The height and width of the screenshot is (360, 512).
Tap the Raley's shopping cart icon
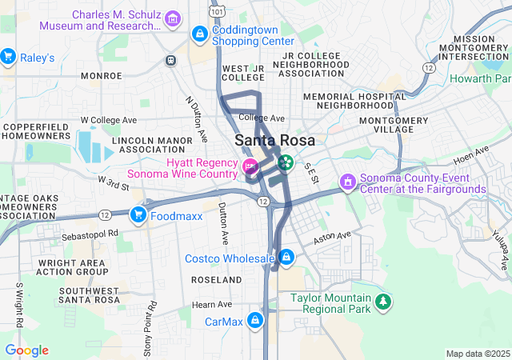(x=9, y=57)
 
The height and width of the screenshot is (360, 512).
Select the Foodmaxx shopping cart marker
(x=138, y=214)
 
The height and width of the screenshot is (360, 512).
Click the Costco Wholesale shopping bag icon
(x=286, y=258)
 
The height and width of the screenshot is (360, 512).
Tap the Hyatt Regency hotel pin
(x=250, y=167)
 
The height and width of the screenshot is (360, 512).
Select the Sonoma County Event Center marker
(x=347, y=182)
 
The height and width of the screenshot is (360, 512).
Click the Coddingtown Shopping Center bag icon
(x=198, y=34)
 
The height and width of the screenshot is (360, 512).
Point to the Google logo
(x=26, y=350)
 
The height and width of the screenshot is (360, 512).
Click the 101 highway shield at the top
(x=218, y=11)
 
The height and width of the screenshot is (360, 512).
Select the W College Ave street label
(x=109, y=120)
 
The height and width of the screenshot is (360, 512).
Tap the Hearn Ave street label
(x=212, y=304)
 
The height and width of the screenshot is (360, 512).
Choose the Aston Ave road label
(x=331, y=237)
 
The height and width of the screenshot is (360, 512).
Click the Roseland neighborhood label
(x=216, y=280)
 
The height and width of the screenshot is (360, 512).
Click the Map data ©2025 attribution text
(x=478, y=354)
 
